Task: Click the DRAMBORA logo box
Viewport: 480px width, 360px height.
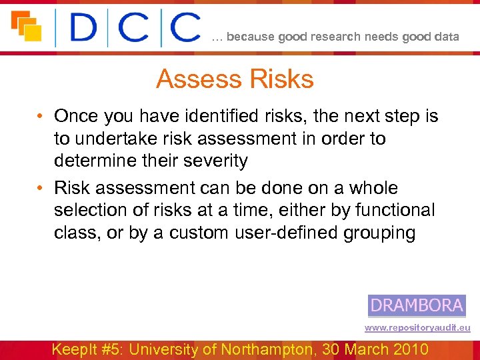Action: tap(417, 305)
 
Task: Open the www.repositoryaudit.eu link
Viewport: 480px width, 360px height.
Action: tap(417, 328)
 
